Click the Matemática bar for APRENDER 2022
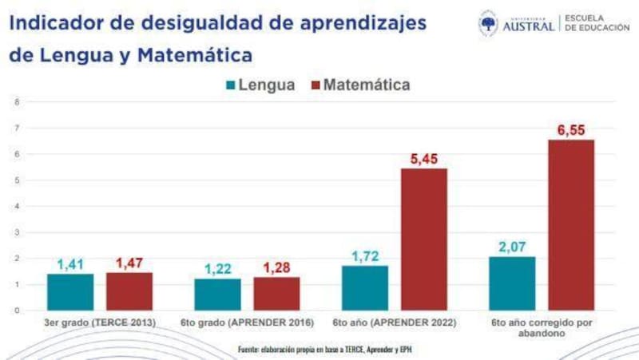(423, 239)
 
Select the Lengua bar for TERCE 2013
(69, 292)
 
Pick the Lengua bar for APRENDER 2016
(217, 295)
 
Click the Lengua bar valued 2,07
(512, 283)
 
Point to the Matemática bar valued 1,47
(129, 291)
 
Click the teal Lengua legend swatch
(231, 85)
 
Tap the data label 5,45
(423, 159)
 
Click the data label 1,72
(364, 256)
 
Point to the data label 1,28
(276, 268)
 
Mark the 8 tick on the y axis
(17, 102)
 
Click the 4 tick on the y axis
(17, 206)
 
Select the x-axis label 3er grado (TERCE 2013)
(100, 323)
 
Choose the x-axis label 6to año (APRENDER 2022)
(394, 323)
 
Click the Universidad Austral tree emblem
(488, 23)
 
